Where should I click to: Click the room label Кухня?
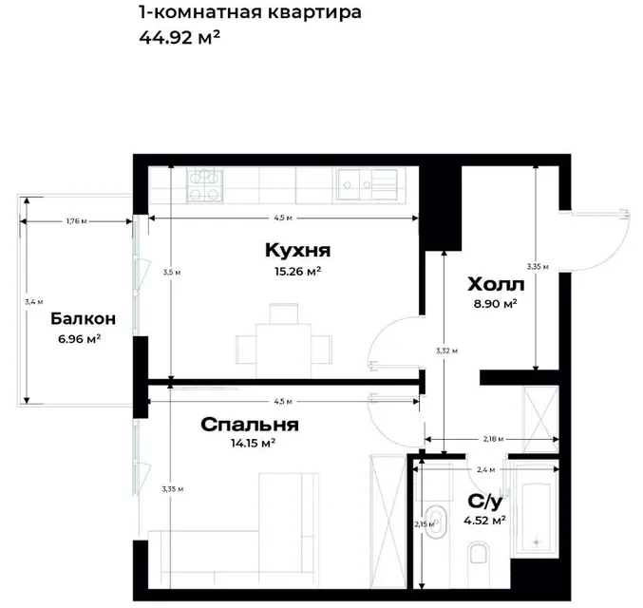click(297, 250)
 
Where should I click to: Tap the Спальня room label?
click(250, 425)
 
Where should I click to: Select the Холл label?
click(496, 284)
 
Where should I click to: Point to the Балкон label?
click(83, 318)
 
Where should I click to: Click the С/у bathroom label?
click(485, 502)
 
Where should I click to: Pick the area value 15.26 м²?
click(297, 271)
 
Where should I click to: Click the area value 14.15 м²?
click(253, 443)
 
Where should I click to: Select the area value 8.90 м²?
click(496, 304)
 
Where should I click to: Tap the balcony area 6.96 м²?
click(80, 339)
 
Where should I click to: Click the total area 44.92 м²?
click(180, 38)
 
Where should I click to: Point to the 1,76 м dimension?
click(77, 221)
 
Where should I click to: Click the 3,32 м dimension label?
click(446, 351)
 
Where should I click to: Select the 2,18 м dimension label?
click(493, 439)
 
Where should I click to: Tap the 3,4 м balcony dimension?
click(33, 302)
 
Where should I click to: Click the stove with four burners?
click(204, 186)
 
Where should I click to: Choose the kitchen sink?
click(367, 184)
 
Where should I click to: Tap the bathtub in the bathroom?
click(537, 515)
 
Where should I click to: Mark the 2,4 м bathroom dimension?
click(486, 469)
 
